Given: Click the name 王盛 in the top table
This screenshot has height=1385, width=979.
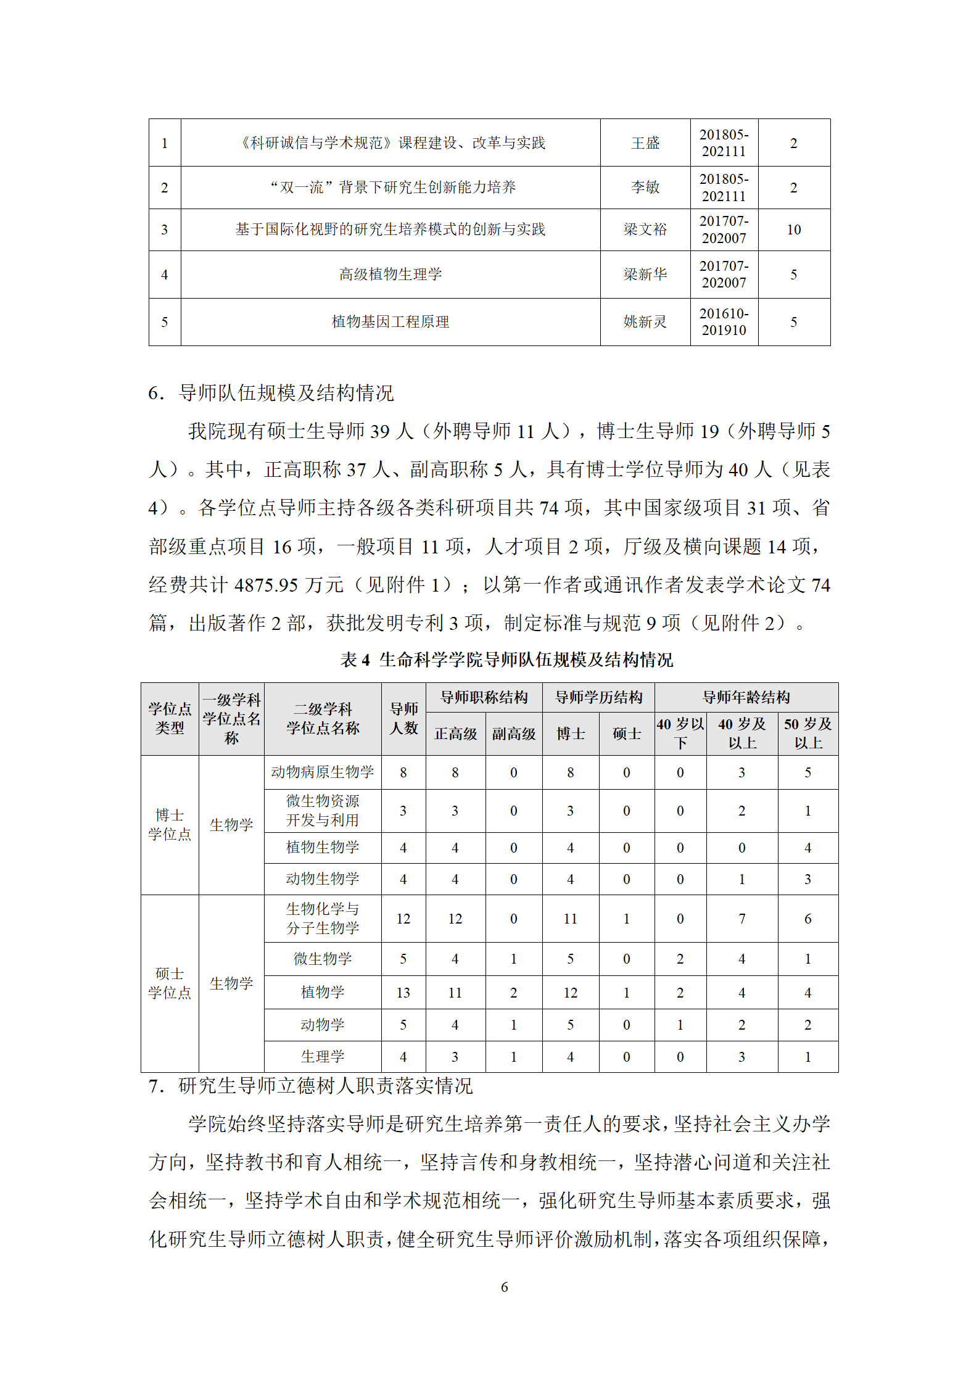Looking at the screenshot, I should (x=645, y=143).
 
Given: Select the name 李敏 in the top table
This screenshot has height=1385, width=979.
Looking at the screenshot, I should (x=645, y=188).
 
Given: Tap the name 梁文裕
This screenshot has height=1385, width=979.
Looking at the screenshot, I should (x=645, y=229).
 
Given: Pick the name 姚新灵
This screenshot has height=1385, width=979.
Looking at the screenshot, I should (x=645, y=321).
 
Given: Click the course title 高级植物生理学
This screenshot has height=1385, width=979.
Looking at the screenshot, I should (x=390, y=274).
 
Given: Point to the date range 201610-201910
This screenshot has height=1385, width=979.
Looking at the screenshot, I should (x=724, y=321).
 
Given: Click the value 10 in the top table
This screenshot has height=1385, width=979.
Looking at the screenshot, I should (x=793, y=229).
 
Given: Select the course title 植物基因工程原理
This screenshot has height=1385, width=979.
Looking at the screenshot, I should (x=390, y=321).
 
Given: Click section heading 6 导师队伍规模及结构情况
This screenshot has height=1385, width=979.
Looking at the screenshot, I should (x=271, y=393).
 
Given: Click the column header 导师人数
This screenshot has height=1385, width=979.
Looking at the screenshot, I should (x=403, y=718).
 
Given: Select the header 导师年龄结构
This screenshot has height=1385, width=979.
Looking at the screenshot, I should (x=746, y=697).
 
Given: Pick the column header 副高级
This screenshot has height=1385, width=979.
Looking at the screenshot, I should (x=513, y=734).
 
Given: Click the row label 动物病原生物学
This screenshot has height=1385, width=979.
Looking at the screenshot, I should (x=322, y=772).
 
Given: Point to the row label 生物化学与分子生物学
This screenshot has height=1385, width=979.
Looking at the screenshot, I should (x=322, y=918).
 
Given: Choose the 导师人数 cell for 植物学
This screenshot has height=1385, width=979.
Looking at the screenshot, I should (x=403, y=992).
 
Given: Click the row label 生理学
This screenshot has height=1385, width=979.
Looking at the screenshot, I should (x=322, y=1056).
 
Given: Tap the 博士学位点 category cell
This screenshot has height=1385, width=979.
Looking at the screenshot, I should (x=170, y=825).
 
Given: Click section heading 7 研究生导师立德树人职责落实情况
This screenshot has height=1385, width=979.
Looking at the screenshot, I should (x=311, y=1086).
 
